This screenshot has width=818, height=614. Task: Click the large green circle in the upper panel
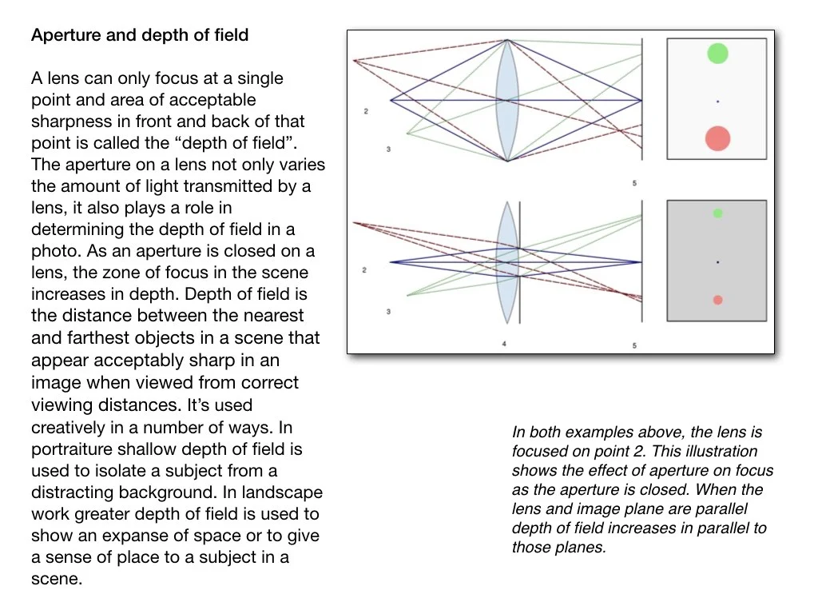(717, 54)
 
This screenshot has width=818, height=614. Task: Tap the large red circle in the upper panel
(717, 138)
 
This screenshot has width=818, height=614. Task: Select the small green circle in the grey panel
(717, 213)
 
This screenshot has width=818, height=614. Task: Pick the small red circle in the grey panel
(717, 300)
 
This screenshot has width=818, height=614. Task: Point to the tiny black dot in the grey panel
(717, 262)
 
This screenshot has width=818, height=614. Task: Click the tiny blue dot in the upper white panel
(717, 102)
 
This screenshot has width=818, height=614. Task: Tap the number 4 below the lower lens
(504, 345)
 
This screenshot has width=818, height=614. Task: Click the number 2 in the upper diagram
(366, 111)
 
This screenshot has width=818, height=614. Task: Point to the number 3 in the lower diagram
(388, 311)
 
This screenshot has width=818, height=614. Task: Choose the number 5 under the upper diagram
(634, 184)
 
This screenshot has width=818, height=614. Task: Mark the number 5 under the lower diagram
(634, 345)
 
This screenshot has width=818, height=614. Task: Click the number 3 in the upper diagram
(388, 150)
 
